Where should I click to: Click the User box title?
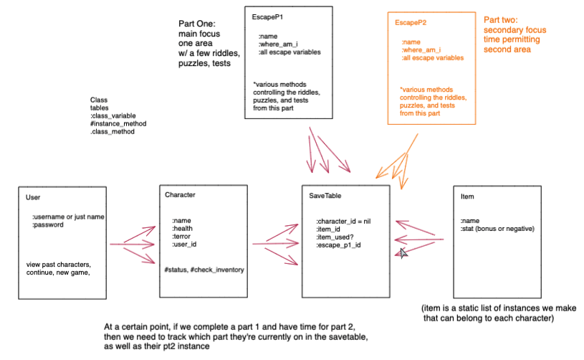point(33,197)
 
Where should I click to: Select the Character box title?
point(180,195)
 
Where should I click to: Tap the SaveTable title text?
point(325,196)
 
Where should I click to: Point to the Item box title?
point(467,196)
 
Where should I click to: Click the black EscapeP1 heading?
point(267,17)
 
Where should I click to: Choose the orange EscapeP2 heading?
point(411,23)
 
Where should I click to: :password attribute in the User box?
point(48,224)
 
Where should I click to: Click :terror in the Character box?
point(181,236)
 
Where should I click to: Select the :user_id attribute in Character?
point(184,245)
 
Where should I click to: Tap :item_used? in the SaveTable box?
point(335,237)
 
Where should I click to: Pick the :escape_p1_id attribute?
point(338,245)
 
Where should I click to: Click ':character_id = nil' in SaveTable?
point(343,222)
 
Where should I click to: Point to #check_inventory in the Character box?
point(217,270)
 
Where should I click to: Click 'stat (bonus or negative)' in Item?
point(498,229)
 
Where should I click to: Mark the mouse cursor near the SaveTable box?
point(403,253)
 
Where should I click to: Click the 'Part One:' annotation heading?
point(196,24)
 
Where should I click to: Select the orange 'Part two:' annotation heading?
point(501,20)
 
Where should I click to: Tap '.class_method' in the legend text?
point(112,132)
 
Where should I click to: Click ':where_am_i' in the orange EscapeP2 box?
point(421,50)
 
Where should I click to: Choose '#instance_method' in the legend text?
point(118,124)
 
